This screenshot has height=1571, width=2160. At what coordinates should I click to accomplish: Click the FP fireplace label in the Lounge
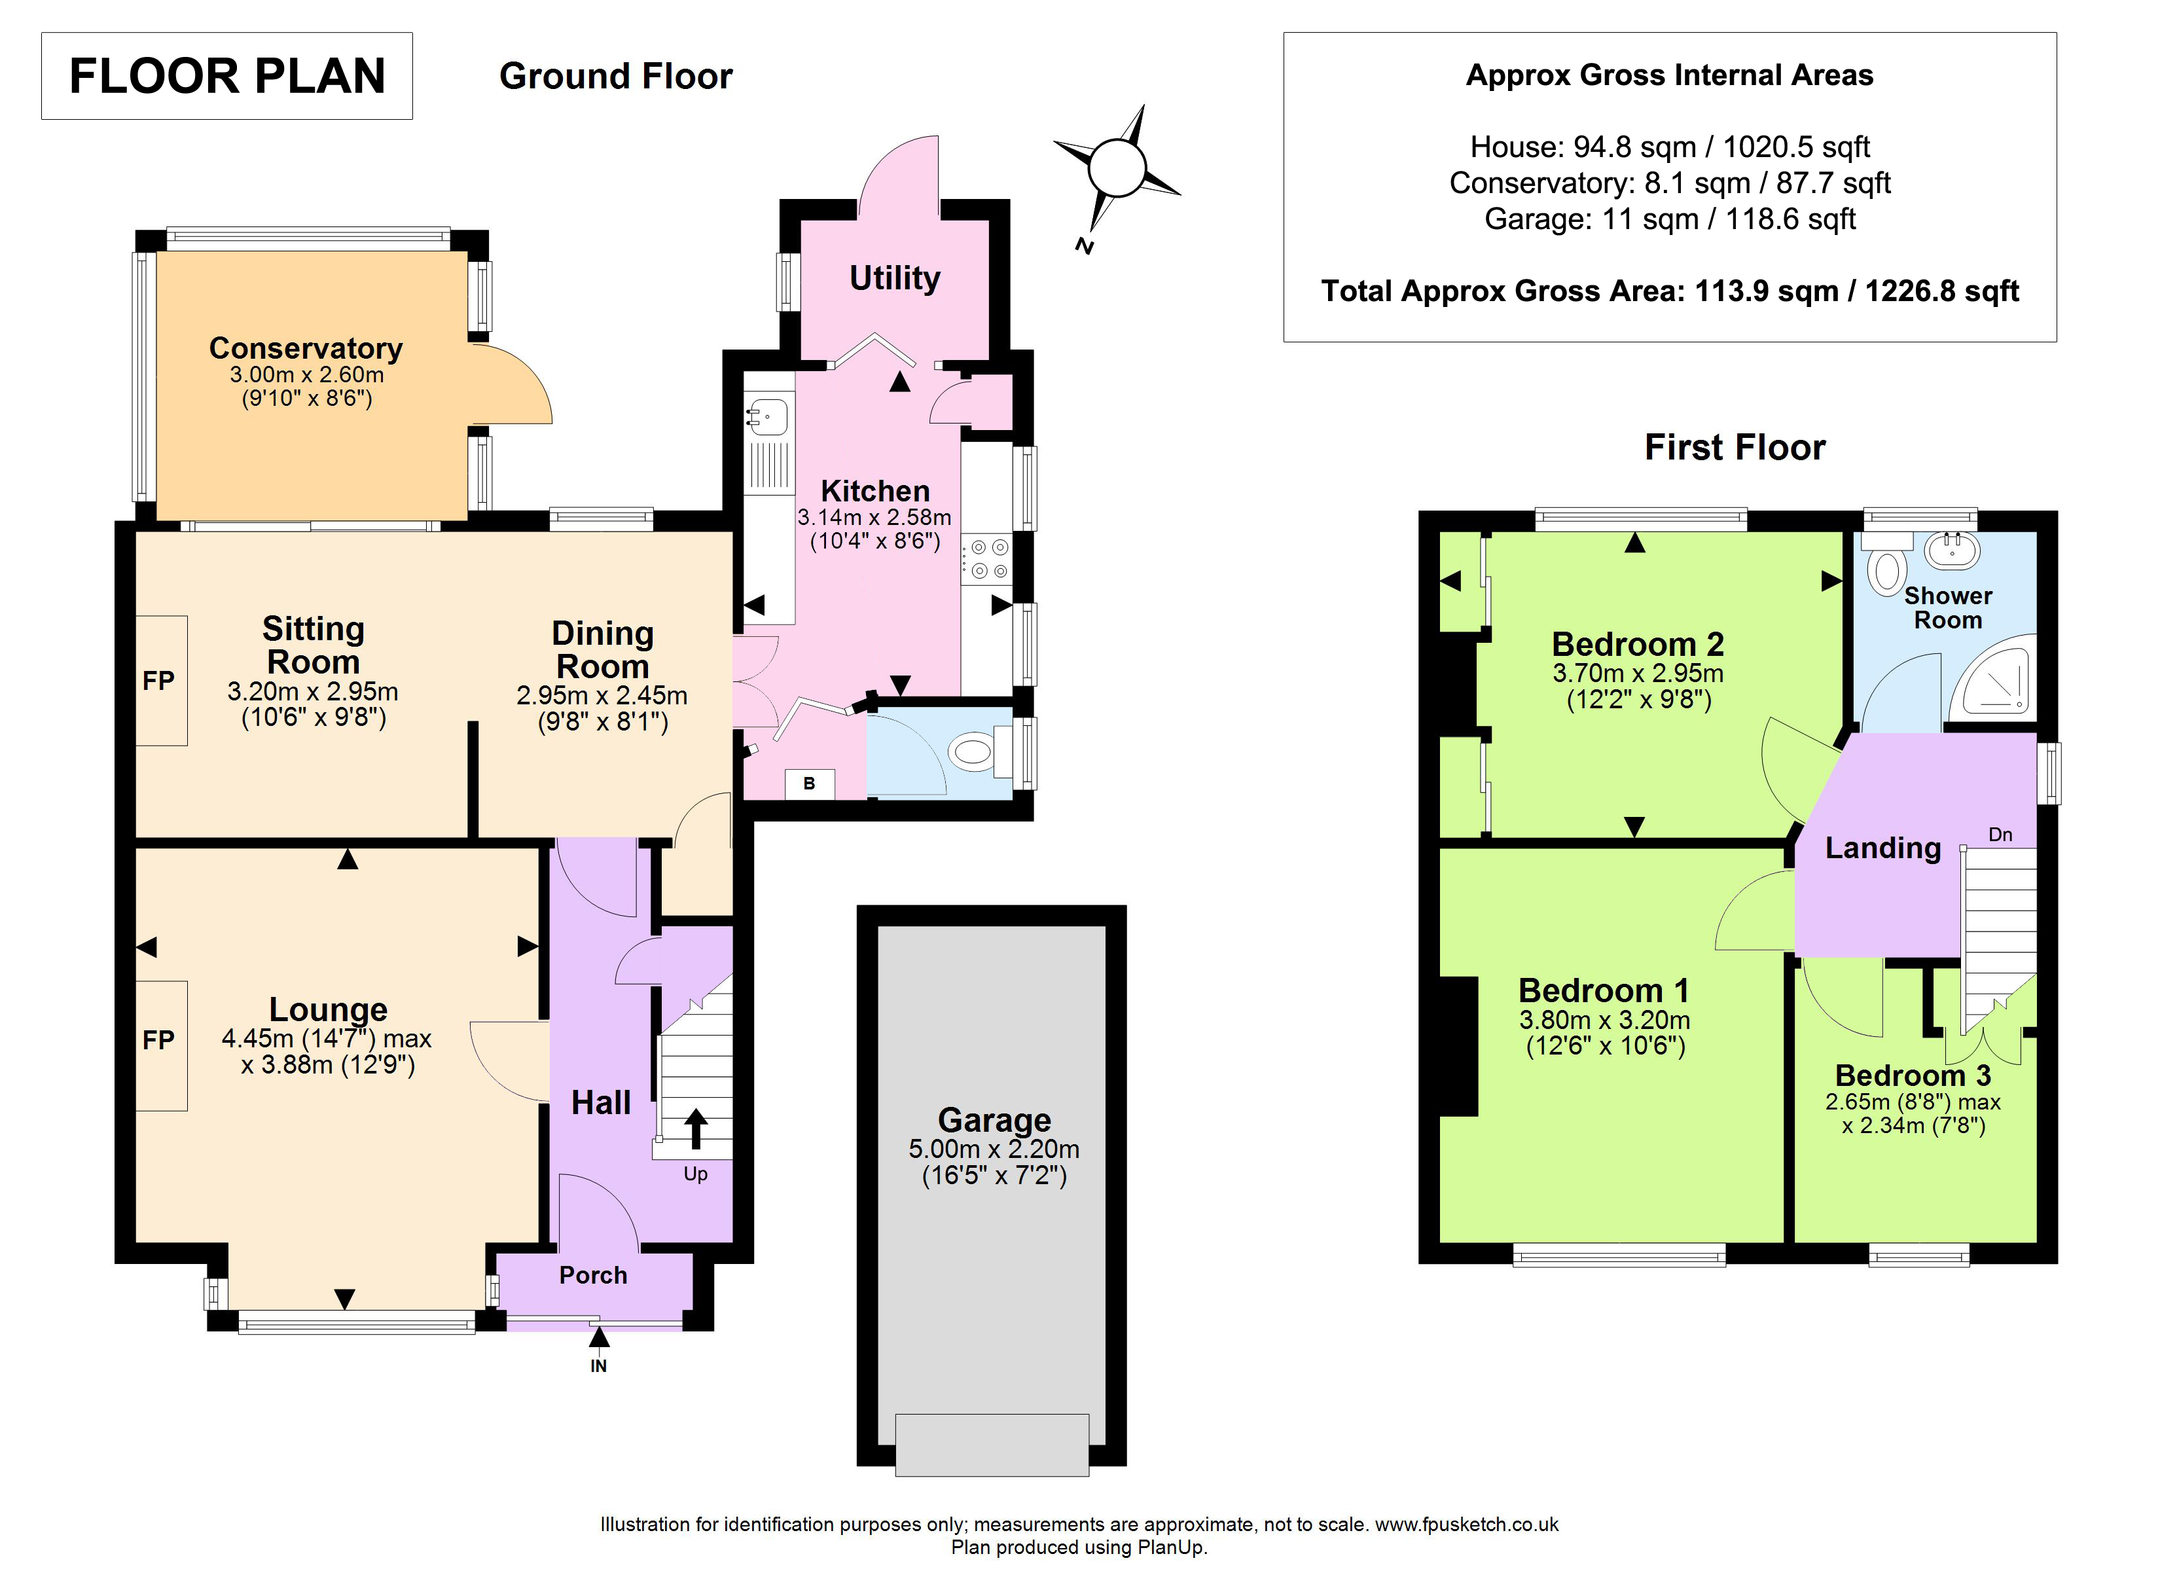[158, 1039]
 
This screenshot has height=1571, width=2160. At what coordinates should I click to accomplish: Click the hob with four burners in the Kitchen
[986, 559]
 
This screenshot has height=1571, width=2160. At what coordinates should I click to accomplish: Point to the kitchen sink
[768, 416]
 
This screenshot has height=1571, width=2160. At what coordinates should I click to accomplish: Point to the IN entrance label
[598, 1366]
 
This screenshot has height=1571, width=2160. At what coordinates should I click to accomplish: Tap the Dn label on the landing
[2000, 835]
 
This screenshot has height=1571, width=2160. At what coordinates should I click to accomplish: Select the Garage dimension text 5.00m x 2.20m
[994, 1149]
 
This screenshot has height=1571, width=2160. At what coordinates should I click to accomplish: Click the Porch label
[592, 1274]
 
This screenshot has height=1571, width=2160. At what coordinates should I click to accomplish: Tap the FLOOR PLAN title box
[226, 76]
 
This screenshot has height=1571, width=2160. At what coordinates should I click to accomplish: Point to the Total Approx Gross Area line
[1670, 291]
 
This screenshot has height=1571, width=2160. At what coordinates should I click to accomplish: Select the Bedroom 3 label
[1913, 1075]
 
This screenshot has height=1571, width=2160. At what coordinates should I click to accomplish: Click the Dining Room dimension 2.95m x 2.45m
[602, 695]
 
